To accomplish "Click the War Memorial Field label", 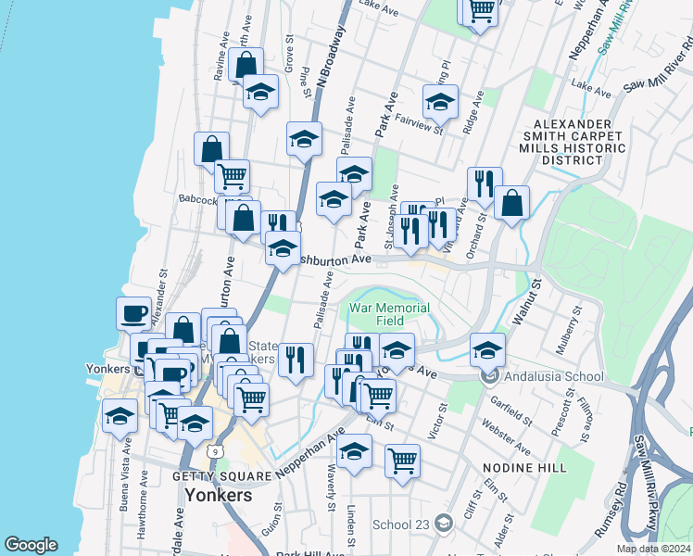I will (x=389, y=314).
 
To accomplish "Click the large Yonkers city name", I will (x=219, y=495).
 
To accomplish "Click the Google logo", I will (x=31, y=545).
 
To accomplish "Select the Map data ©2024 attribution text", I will (x=653, y=549).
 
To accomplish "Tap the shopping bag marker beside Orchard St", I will (x=511, y=202).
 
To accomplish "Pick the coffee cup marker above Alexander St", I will (x=134, y=311).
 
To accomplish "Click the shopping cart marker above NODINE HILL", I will (x=402, y=459).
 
